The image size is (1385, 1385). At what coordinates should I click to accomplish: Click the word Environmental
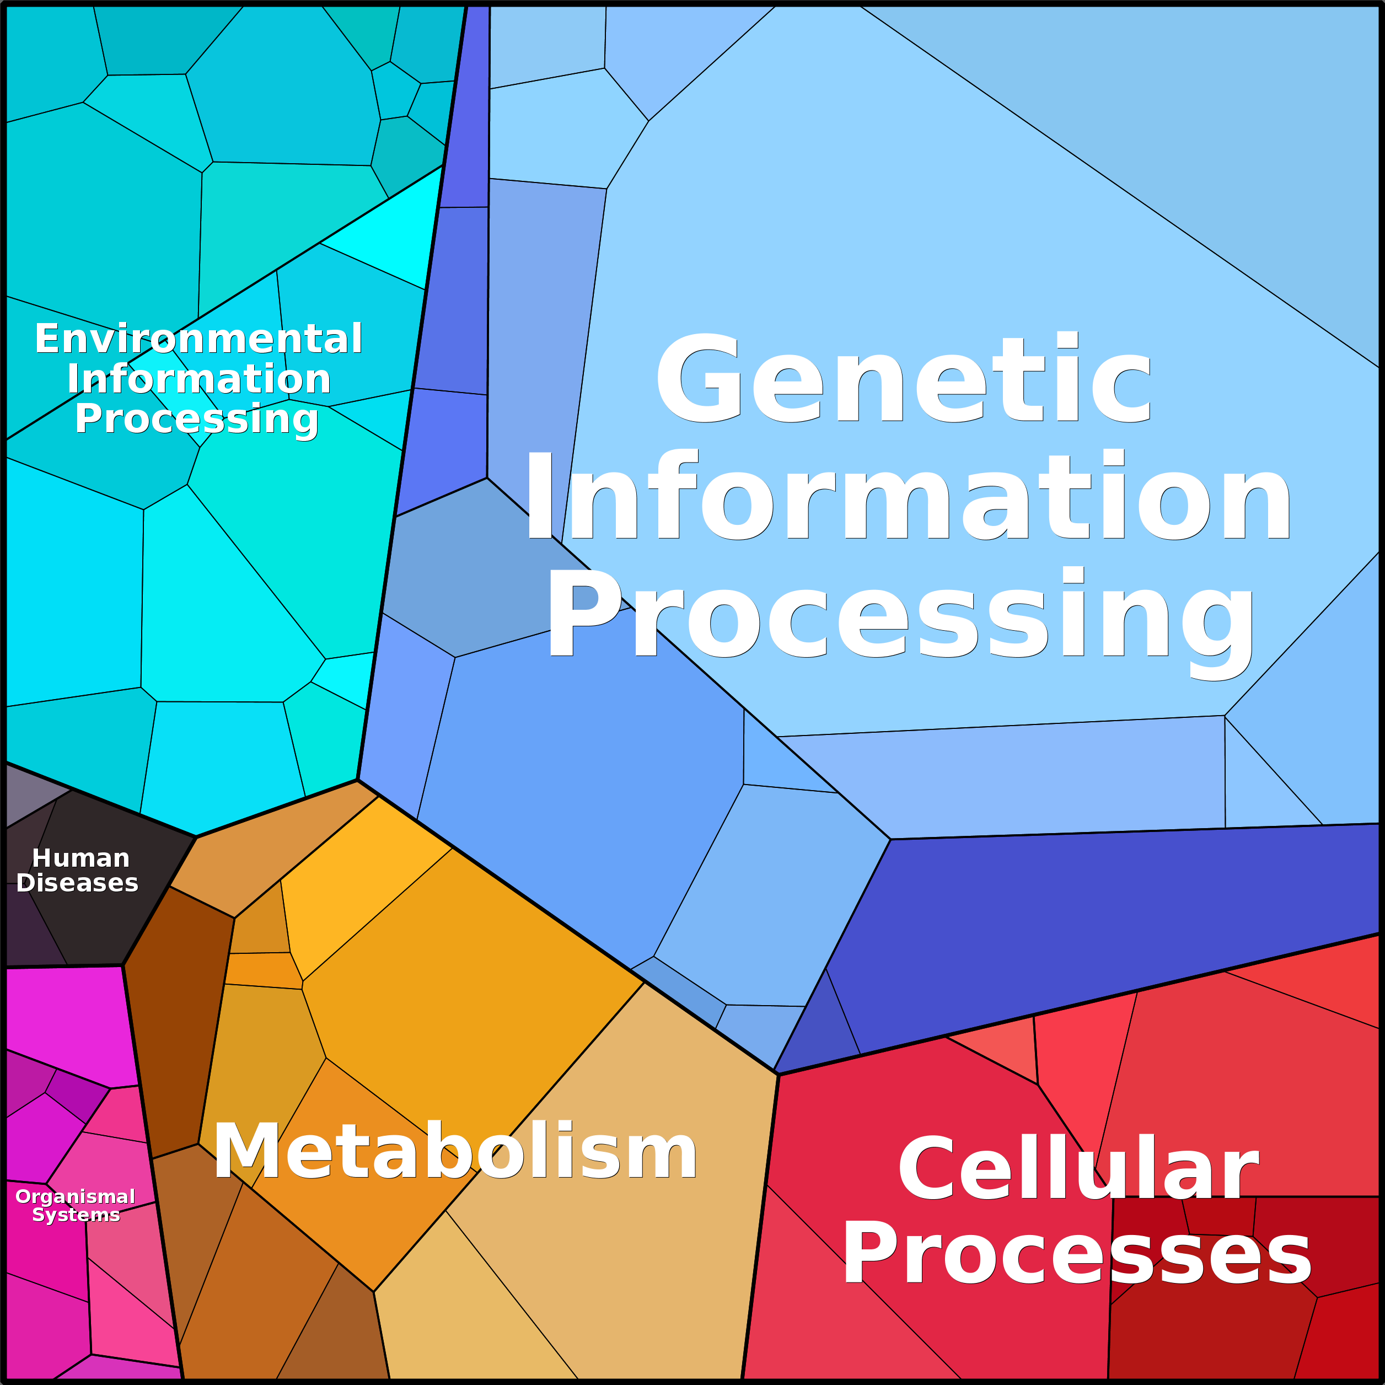point(198,339)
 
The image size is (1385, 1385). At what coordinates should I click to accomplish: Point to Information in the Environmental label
point(198,379)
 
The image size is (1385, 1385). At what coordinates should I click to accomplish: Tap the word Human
point(80,858)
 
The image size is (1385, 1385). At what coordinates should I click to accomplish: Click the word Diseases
point(77,883)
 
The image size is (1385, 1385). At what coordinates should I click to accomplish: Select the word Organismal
point(76,1196)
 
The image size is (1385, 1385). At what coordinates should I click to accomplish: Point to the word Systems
point(76,1215)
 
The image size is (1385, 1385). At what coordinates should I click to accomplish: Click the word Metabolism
point(455,1151)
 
